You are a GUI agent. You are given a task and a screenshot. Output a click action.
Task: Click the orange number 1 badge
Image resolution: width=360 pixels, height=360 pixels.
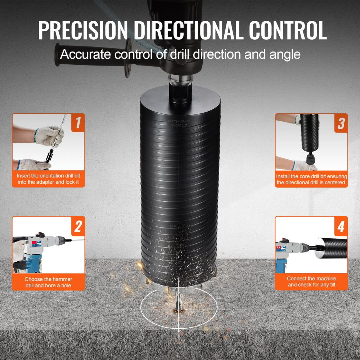pos(77,122)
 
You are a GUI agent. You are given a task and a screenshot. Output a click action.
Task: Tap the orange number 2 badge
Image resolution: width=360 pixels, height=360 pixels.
pos(77,226)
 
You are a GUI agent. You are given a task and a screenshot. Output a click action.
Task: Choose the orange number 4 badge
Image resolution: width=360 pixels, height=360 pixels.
pos(341,226)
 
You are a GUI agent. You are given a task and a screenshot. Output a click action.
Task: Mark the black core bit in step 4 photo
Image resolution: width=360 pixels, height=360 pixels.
pos(331,246)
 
